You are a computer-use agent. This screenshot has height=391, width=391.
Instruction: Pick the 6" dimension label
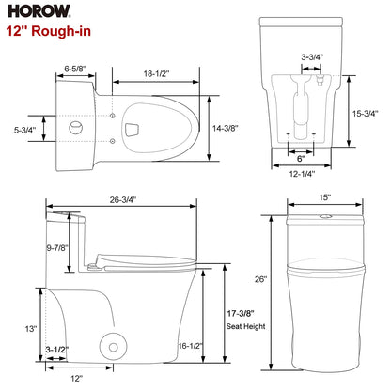[303, 158]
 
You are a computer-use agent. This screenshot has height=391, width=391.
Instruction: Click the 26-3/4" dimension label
[121, 198]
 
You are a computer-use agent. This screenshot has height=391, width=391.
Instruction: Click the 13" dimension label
[30, 328]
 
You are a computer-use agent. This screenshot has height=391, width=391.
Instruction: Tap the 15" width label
[323, 197]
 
